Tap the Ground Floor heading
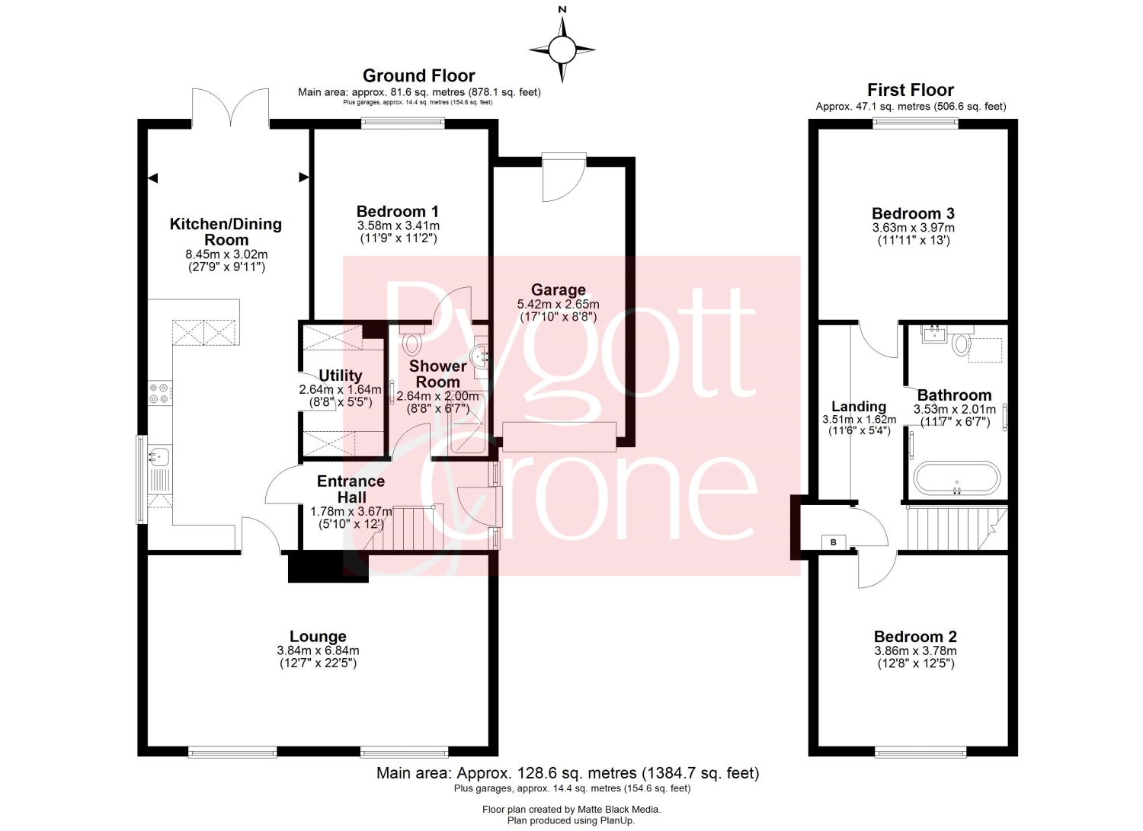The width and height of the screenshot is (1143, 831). coord(419,76)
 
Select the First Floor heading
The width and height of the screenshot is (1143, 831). coord(911,91)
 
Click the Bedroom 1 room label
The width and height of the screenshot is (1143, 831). coord(398,211)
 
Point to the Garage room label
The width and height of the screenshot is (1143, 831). coord(559,289)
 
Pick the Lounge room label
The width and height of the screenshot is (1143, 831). coord(318,636)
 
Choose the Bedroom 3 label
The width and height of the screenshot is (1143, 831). coord(913,213)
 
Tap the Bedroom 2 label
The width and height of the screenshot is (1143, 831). coord(915,637)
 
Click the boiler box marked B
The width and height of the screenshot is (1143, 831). coord(834,542)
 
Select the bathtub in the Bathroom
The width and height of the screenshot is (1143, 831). coord(956,478)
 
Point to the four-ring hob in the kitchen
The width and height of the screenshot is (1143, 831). coord(160,393)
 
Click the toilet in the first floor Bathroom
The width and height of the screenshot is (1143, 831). coord(962,344)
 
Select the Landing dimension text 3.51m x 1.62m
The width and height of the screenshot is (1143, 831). coord(859,420)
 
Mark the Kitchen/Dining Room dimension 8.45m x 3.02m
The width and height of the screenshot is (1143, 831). coord(226,254)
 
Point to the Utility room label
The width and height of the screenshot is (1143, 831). coord(341,376)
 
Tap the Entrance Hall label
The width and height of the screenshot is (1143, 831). coord(351,489)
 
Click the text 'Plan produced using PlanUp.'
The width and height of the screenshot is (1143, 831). coord(571,820)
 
